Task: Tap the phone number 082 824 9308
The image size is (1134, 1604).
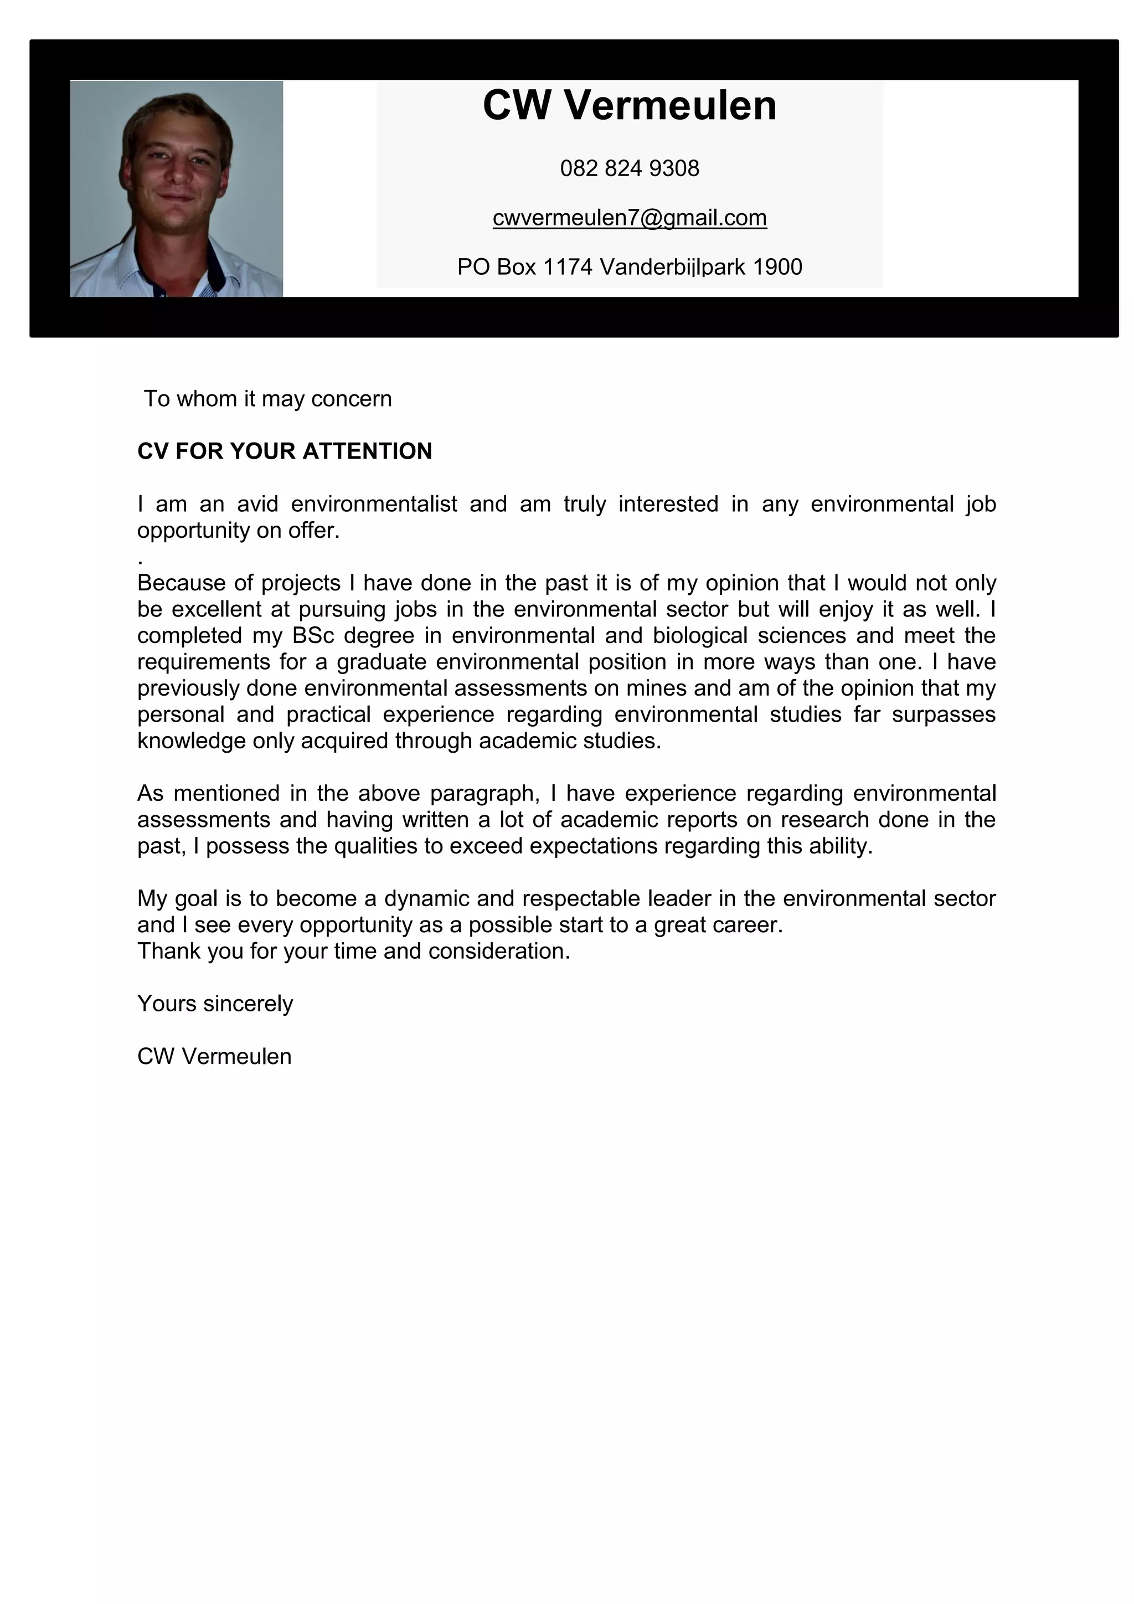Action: coord(629,168)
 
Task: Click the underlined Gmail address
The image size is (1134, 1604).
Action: coord(629,218)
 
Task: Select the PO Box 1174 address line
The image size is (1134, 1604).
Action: coord(629,267)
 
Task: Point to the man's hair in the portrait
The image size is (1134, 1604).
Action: coord(174,112)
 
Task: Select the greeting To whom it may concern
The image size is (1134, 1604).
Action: coord(267,399)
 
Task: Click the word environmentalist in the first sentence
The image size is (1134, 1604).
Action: coord(374,503)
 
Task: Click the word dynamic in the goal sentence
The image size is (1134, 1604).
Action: coord(427,898)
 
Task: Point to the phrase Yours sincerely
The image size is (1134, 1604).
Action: coord(215,1004)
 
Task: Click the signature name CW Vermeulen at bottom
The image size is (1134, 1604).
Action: coord(214,1056)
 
